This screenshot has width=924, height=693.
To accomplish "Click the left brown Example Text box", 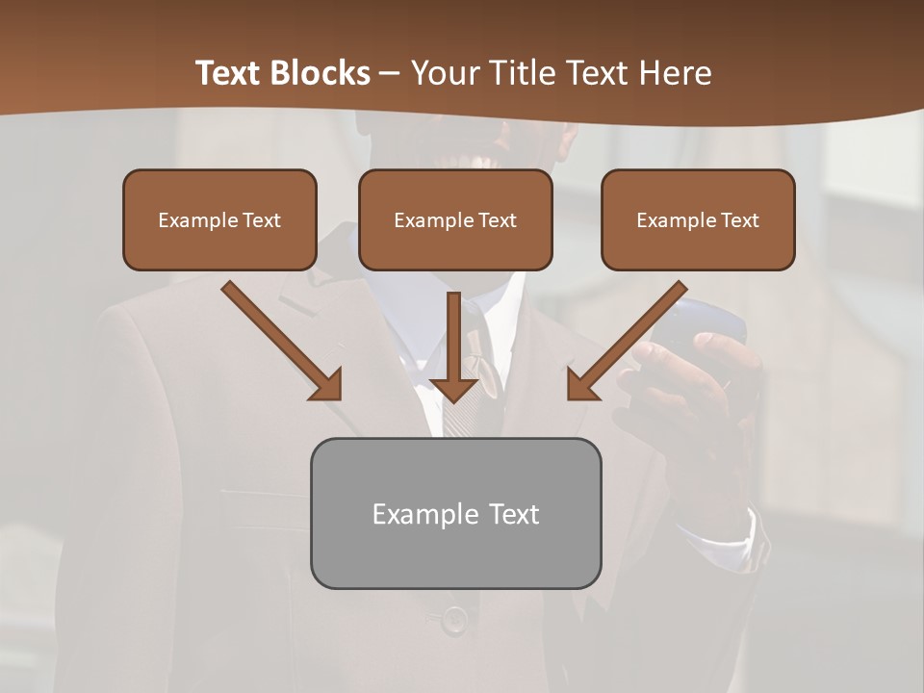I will (x=219, y=219).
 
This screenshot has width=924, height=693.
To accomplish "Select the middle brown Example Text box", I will (x=455, y=219).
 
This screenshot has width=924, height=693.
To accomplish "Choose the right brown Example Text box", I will (x=698, y=219).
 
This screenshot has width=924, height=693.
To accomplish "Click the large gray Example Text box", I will (x=455, y=513).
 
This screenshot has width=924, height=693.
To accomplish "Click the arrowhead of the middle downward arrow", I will (x=454, y=390).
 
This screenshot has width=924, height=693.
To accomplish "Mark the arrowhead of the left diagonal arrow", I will (x=327, y=385).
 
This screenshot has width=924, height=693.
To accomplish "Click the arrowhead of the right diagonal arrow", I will (x=581, y=385).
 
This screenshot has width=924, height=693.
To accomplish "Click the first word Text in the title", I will (x=231, y=73).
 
